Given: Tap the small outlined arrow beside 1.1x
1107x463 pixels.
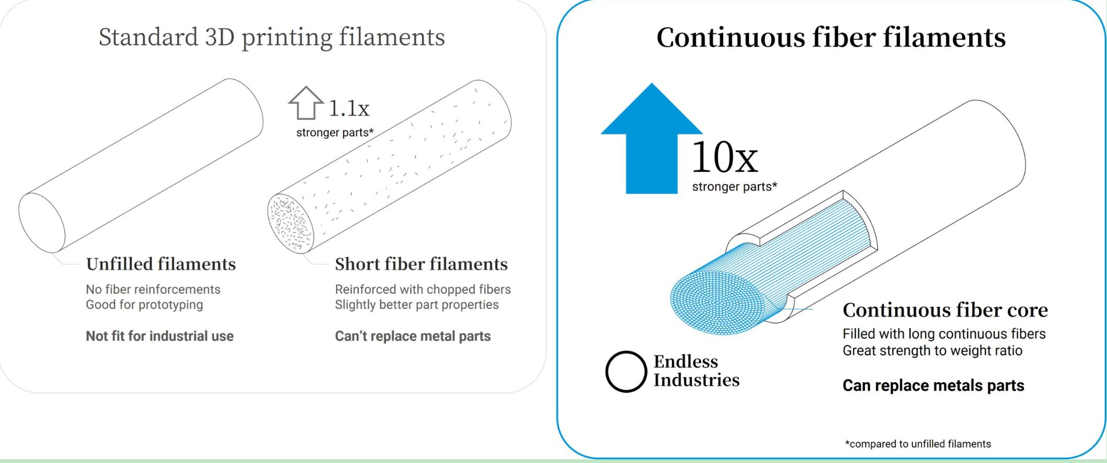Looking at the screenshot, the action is (306, 103).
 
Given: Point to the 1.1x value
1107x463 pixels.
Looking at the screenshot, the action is (349, 109).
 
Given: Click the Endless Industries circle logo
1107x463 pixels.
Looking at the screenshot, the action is (626, 372).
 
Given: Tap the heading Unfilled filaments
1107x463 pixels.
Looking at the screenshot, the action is (161, 264).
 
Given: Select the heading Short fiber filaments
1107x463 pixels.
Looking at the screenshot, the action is (421, 264).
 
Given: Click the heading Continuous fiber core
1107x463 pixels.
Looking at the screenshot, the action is (945, 310).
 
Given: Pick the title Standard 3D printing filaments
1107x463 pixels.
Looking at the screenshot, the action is (272, 37).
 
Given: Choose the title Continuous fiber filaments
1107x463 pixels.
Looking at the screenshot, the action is (831, 37).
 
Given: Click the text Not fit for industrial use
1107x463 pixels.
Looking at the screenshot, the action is (160, 336).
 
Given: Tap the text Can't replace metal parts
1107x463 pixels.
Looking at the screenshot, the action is (413, 336).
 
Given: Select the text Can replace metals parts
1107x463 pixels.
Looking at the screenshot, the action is (933, 385).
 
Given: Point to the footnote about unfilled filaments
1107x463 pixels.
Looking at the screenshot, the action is (918, 444).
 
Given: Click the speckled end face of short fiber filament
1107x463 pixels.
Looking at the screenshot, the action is (291, 224).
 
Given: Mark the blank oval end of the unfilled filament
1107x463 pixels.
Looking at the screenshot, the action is (42, 223).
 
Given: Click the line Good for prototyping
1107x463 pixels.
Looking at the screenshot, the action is (144, 305).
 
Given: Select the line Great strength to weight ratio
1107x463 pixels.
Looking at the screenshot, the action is (932, 351).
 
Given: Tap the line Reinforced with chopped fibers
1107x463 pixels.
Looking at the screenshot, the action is (423, 289).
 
